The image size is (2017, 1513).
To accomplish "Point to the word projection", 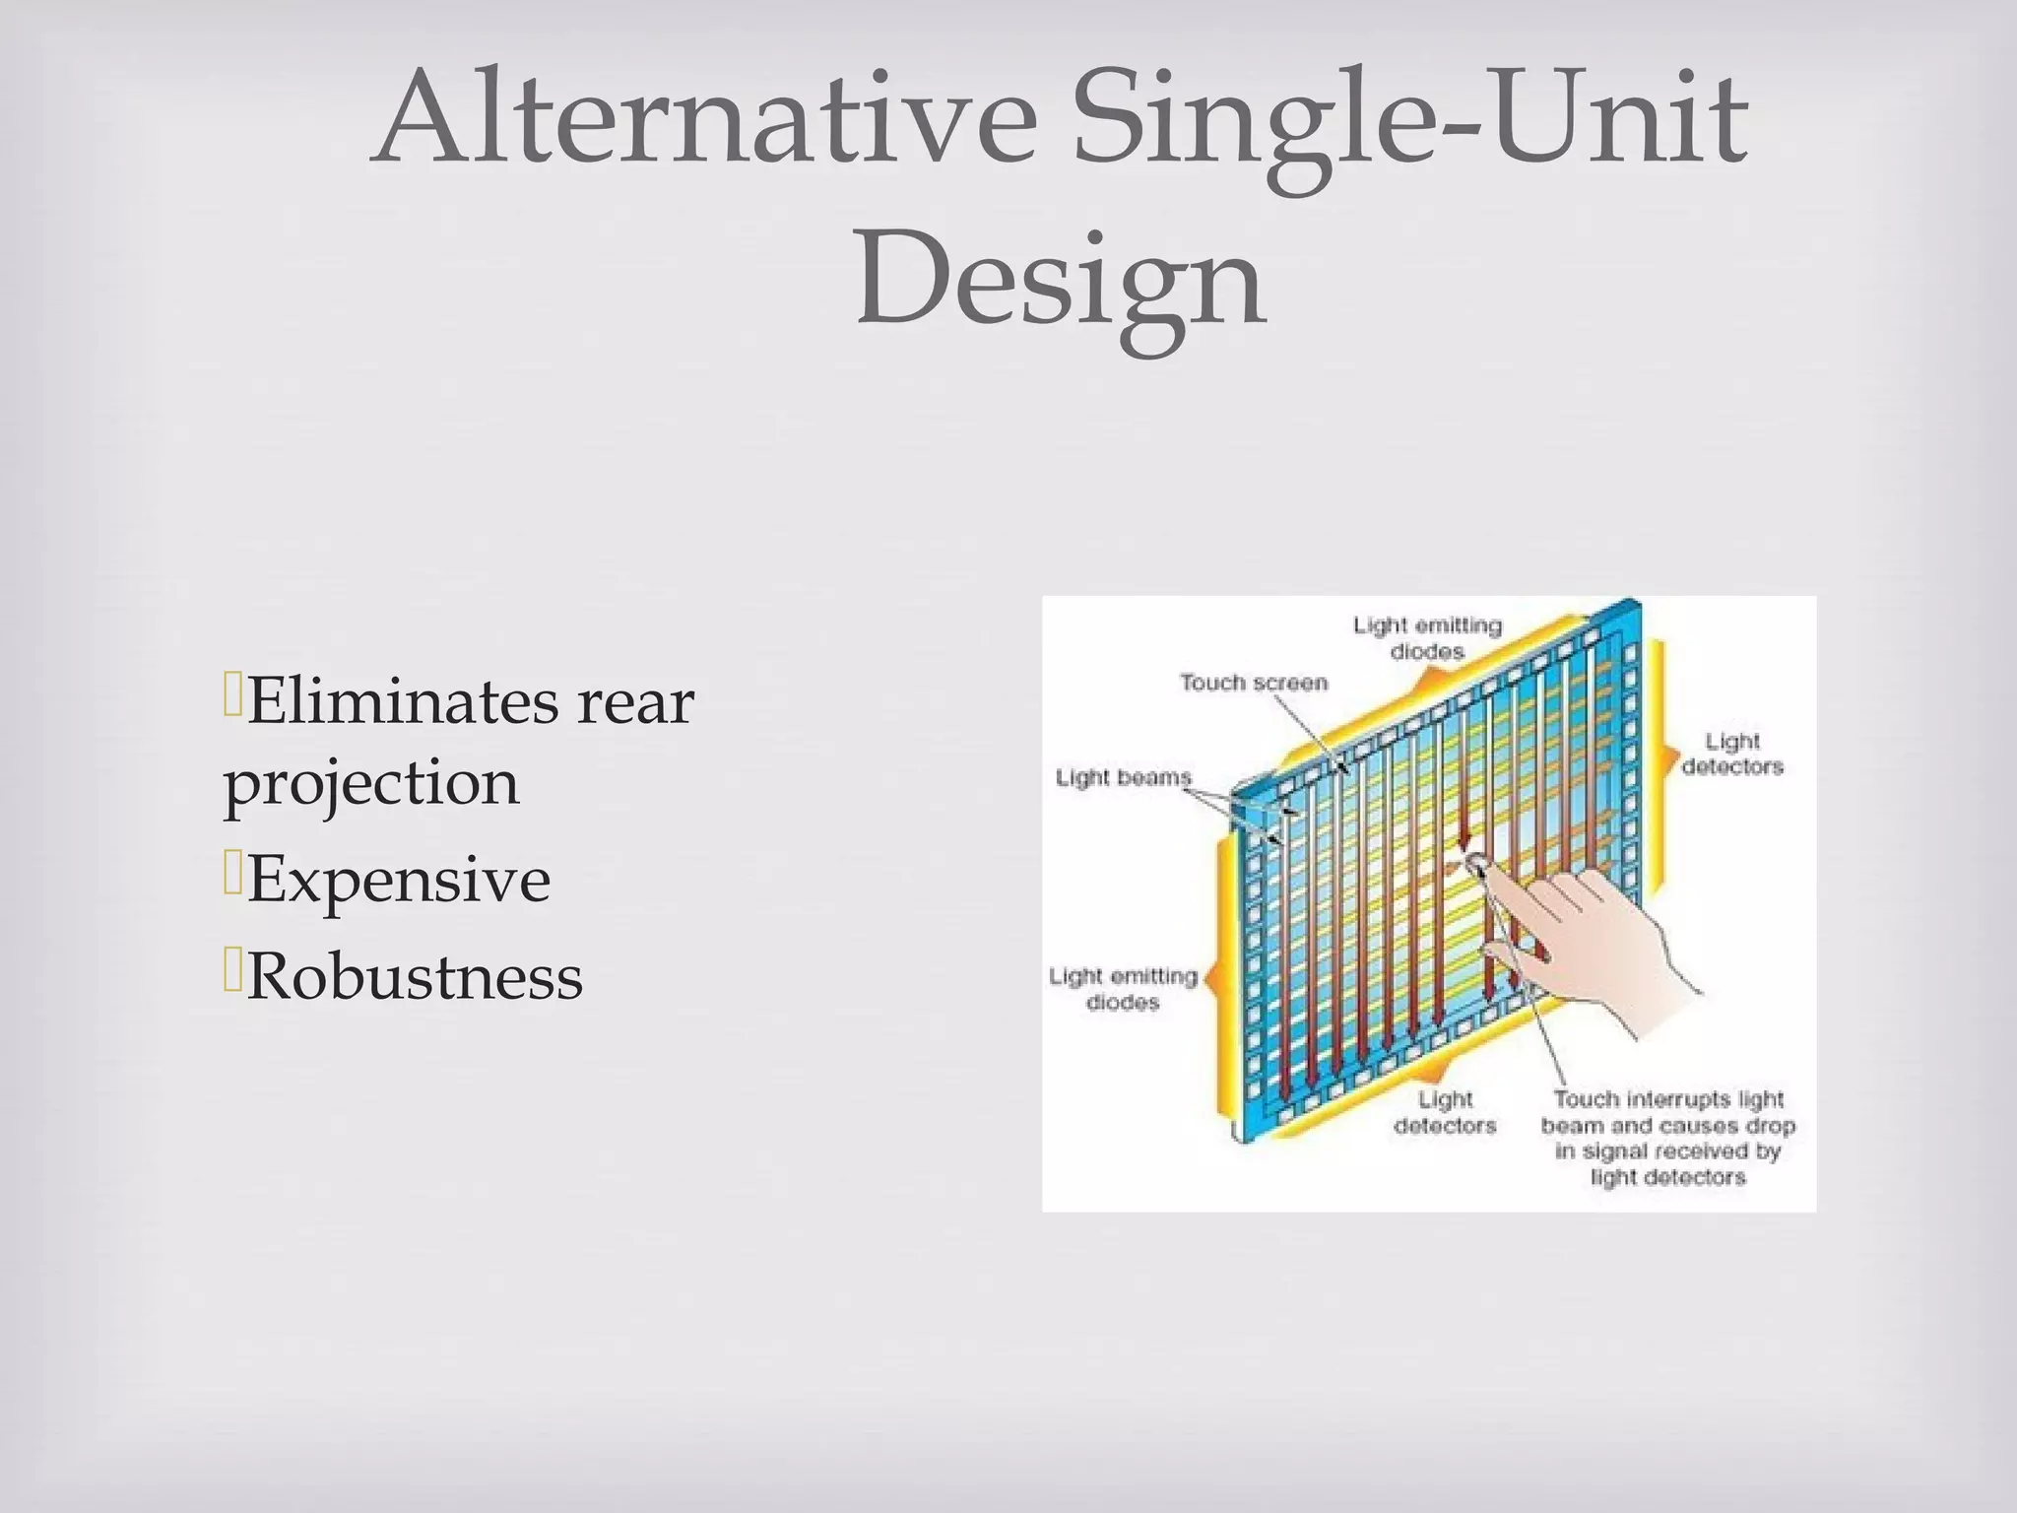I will tap(371, 784).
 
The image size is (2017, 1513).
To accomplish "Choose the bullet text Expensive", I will tap(398, 880).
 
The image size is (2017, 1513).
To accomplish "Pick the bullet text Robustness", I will tap(415, 977).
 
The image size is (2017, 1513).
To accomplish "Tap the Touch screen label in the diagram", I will tap(1254, 683).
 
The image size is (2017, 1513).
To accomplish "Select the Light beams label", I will tap(1123, 778).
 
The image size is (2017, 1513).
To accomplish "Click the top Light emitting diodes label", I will tap(1427, 638).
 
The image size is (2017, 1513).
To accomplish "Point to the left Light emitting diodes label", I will tap(1123, 989).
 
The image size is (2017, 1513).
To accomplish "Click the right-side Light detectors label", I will tap(1732, 754).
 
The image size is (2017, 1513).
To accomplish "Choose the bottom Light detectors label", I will tap(1445, 1112).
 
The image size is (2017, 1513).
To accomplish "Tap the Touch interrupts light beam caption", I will tap(1668, 1138).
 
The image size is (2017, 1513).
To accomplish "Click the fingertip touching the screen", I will tap(1475, 864).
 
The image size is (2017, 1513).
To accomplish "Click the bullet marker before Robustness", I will tap(232, 970).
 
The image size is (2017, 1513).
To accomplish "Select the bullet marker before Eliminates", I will tap(232, 694).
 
